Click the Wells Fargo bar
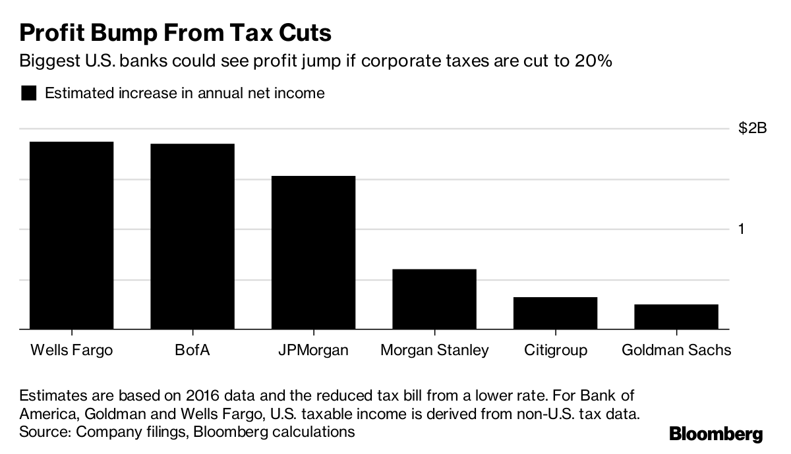pyautogui.click(x=71, y=235)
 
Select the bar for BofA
pyautogui.click(x=192, y=236)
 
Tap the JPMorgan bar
pyautogui.click(x=313, y=252)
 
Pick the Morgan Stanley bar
pyautogui.click(x=434, y=298)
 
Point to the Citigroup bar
pyautogui.click(x=555, y=312)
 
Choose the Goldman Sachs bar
pyautogui.click(x=676, y=316)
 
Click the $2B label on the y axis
pyautogui.click(x=752, y=129)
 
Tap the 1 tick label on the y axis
pyautogui.click(x=742, y=229)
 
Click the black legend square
pyautogui.click(x=28, y=94)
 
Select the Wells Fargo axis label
pyautogui.click(x=71, y=350)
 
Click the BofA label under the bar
pyautogui.click(x=192, y=350)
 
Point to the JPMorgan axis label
pyautogui.click(x=313, y=350)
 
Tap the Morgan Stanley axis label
pyautogui.click(x=434, y=350)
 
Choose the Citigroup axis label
pyautogui.click(x=555, y=350)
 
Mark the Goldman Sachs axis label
pyautogui.click(x=676, y=350)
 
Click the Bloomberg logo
pyautogui.click(x=716, y=435)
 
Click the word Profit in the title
pyautogui.click(x=53, y=32)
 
